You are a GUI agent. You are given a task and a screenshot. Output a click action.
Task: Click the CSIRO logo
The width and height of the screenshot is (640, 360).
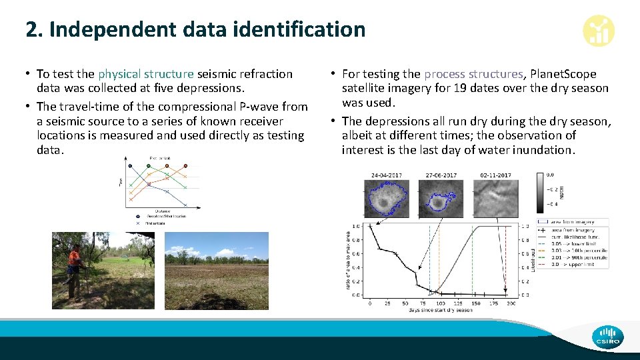coord(607,336)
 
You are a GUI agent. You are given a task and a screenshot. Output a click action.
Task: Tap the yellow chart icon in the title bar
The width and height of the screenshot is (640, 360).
coord(598,31)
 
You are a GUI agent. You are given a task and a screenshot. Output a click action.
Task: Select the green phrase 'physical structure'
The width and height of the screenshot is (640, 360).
coord(145,74)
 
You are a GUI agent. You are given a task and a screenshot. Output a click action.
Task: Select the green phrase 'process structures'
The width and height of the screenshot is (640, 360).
coord(473,74)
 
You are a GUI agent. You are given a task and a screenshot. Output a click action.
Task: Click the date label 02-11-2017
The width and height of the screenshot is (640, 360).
coord(495,175)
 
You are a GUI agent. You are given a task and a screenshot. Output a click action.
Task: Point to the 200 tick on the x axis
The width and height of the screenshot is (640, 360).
coord(511,303)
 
